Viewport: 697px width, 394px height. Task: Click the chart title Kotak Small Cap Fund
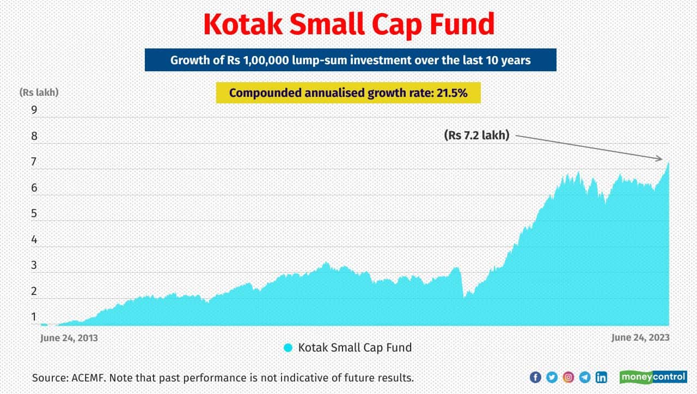(x=348, y=24)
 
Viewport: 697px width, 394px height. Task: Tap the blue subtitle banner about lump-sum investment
(x=350, y=60)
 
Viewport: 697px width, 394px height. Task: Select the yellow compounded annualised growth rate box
(x=348, y=93)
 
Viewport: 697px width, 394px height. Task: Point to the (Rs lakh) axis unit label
(x=39, y=93)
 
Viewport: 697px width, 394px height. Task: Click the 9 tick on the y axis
(x=34, y=110)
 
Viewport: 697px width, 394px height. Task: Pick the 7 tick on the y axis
(x=34, y=162)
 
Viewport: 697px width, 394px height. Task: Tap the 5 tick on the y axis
(x=34, y=214)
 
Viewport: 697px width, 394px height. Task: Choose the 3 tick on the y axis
(x=34, y=266)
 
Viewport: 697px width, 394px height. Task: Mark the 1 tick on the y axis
(x=34, y=317)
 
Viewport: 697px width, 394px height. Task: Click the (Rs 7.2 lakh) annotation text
(x=476, y=136)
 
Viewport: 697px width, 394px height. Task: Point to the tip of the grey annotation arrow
(x=662, y=159)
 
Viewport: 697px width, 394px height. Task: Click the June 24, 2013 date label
(x=69, y=338)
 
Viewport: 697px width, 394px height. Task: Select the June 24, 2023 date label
(x=640, y=338)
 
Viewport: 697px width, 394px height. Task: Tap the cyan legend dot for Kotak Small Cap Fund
(x=288, y=348)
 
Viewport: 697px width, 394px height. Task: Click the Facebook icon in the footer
(x=535, y=377)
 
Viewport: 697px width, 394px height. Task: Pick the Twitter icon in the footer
(x=552, y=377)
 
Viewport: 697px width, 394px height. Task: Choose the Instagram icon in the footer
(x=568, y=377)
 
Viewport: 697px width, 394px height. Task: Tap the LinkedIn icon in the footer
(x=601, y=377)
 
